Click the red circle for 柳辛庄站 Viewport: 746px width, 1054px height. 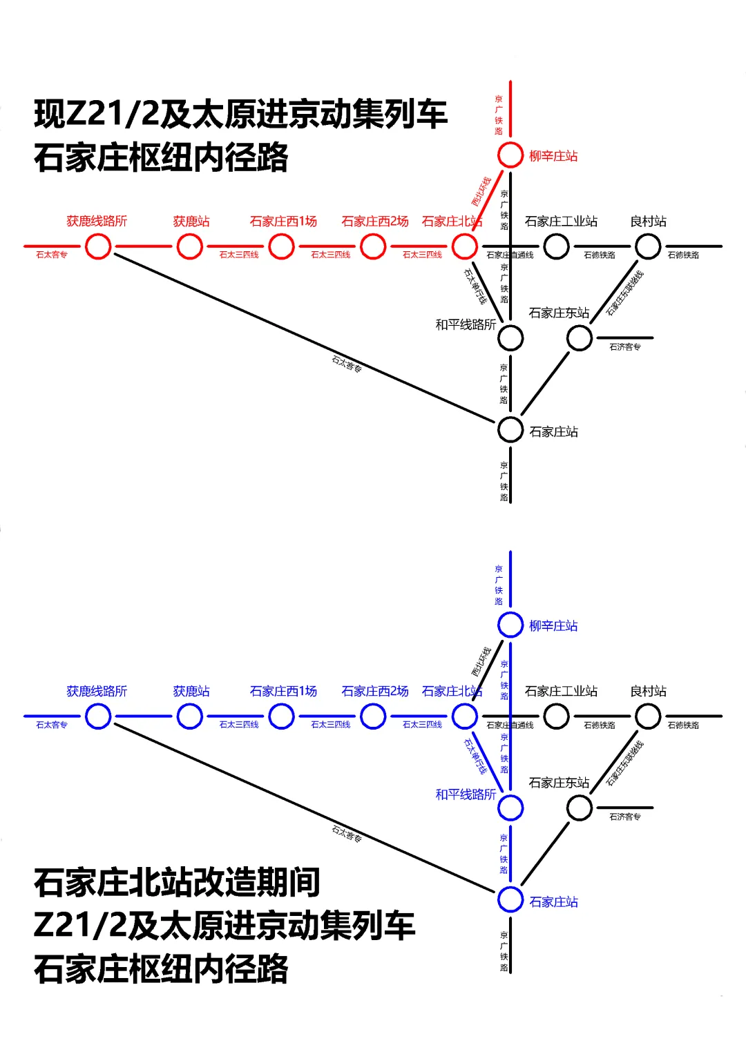(510, 155)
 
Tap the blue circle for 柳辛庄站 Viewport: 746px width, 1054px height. (510, 625)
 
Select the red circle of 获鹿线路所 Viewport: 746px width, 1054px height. (98, 246)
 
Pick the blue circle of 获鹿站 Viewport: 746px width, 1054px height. (189, 716)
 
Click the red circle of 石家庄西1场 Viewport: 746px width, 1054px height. (281, 246)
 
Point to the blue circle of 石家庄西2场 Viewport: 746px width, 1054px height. (373, 716)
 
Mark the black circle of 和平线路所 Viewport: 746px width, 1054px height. (510, 338)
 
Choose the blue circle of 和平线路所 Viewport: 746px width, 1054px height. (510, 808)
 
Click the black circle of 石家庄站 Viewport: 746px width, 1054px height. (510, 429)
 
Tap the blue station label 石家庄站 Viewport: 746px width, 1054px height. (553, 901)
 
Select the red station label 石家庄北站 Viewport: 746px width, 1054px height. (451, 222)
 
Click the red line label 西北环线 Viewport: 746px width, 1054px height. (481, 191)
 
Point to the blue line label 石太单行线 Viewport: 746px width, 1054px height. (475, 756)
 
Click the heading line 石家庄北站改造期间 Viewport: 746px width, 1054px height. (177, 882)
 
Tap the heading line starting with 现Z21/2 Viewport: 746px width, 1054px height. (240, 114)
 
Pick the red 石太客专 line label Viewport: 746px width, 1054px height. (52, 255)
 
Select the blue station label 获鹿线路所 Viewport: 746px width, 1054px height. (97, 691)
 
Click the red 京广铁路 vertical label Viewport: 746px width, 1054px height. (499, 115)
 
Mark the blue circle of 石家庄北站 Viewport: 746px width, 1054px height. (464, 716)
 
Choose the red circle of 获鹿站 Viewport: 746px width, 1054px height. (189, 246)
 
